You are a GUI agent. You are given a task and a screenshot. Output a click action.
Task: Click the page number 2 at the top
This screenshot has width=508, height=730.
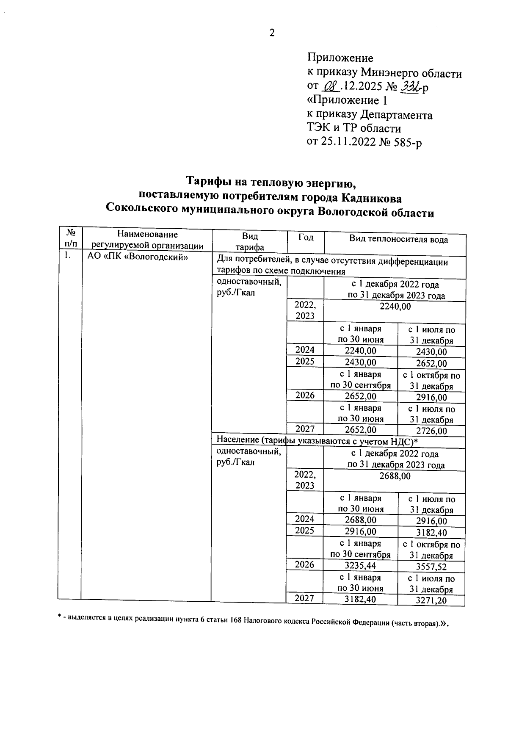pyautogui.click(x=272, y=33)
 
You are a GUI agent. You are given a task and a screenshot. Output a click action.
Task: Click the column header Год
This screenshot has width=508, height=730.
pyautogui.click(x=306, y=238)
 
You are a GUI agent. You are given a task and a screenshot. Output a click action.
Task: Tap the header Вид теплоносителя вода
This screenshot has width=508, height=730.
pyautogui.click(x=398, y=240)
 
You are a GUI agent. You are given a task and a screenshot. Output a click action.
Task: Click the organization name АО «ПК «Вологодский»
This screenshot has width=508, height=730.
pyautogui.click(x=137, y=257)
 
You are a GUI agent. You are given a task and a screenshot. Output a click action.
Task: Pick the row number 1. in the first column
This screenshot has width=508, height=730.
pyautogui.click(x=67, y=256)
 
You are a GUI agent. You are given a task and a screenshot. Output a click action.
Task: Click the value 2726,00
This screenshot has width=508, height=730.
pyautogui.click(x=431, y=431)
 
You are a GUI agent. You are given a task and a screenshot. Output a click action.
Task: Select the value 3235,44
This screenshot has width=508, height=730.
pyautogui.click(x=360, y=565)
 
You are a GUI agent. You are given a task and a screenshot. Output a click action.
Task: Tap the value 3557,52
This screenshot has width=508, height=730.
pyautogui.click(x=431, y=567)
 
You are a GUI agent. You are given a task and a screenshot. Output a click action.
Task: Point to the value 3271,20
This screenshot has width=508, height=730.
pyautogui.click(x=431, y=600)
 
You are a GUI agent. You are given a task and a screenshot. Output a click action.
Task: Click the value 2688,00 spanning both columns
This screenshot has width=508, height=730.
pyautogui.click(x=395, y=476)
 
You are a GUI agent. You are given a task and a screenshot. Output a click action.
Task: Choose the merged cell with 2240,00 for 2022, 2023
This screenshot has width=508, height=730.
pyautogui.click(x=395, y=307)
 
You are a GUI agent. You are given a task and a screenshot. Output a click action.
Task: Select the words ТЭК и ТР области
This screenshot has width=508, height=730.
pyautogui.click(x=353, y=128)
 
